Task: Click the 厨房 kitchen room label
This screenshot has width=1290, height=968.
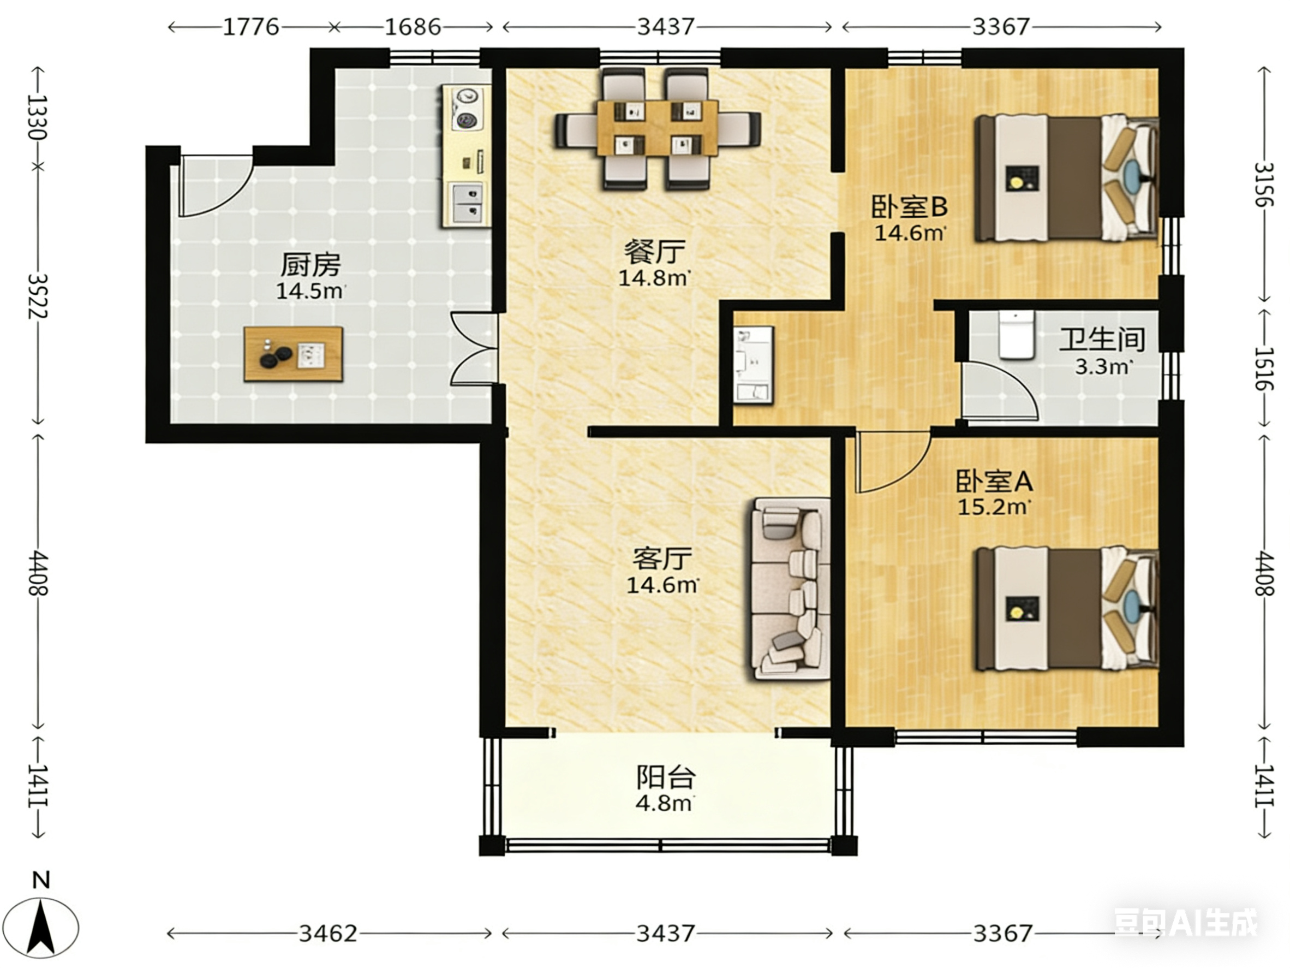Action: [x=310, y=265]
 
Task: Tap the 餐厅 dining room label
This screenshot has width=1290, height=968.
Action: [x=654, y=253]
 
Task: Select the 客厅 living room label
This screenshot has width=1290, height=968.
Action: [x=662, y=559]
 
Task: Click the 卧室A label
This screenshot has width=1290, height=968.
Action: [x=994, y=482]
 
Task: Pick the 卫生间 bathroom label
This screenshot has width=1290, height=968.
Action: [x=1102, y=340]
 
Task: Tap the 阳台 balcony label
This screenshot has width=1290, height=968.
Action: [x=665, y=777]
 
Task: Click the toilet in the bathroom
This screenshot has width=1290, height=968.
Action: [x=1016, y=334]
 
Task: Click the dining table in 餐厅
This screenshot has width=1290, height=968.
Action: [x=657, y=128]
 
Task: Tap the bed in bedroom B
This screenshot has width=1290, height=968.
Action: [x=1067, y=178]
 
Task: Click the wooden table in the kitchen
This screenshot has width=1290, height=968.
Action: [x=292, y=354]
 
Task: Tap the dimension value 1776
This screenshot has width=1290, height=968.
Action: [x=252, y=27]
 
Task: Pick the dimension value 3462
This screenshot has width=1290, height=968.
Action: [x=329, y=934]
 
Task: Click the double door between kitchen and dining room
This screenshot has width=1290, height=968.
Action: [x=474, y=349]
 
